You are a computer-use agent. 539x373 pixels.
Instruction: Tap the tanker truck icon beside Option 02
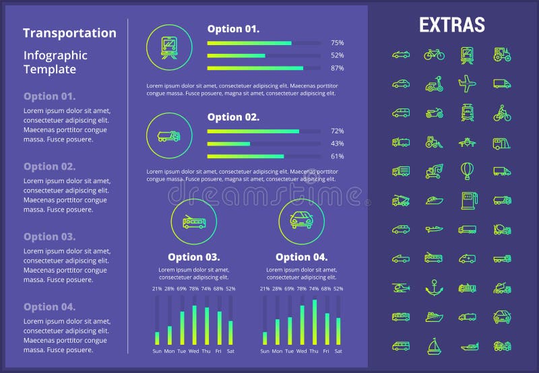[x=169, y=136]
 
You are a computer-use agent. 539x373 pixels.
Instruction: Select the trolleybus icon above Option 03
[x=194, y=222]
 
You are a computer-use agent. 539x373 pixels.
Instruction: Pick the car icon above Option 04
[x=301, y=222]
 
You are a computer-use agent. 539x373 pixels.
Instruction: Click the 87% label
[x=337, y=68]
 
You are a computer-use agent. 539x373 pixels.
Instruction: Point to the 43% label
[x=337, y=143]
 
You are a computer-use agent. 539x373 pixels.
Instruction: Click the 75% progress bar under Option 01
[x=249, y=43]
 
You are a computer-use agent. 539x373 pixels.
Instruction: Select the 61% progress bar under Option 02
[x=245, y=156]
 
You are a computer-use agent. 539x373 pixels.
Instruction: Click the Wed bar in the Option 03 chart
[x=194, y=325]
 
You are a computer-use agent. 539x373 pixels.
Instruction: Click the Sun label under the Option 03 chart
[x=157, y=351]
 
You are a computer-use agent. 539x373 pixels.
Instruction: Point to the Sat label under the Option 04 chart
[x=338, y=351]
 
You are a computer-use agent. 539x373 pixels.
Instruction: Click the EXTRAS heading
[x=451, y=25]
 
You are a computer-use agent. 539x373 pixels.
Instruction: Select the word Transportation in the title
[x=69, y=33]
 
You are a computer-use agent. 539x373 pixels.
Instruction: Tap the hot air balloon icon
[x=467, y=170]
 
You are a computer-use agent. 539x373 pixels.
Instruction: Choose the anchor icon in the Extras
[x=434, y=287]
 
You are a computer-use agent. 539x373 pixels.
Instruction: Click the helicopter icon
[x=401, y=287]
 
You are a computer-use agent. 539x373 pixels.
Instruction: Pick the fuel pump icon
[x=467, y=199]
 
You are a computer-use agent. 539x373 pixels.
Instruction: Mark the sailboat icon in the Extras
[x=434, y=346]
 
